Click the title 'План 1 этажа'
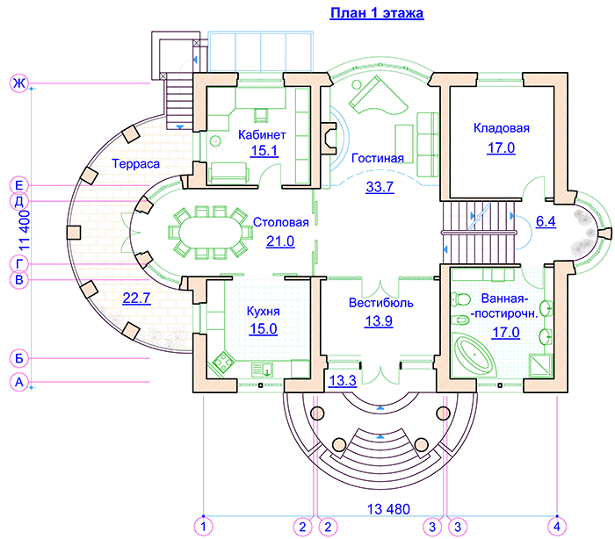coord(377,13)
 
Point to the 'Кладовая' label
coord(501,129)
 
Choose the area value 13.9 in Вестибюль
coord(378,321)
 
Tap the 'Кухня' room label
coord(263,311)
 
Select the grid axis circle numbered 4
coord(556,526)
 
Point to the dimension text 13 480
coord(388,509)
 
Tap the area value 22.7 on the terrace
coord(136,298)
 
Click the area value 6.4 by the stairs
coord(545,221)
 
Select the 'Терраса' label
coord(135,164)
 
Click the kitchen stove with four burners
coord(220,361)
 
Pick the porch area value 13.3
coord(341,380)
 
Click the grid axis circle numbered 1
coord(203,526)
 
